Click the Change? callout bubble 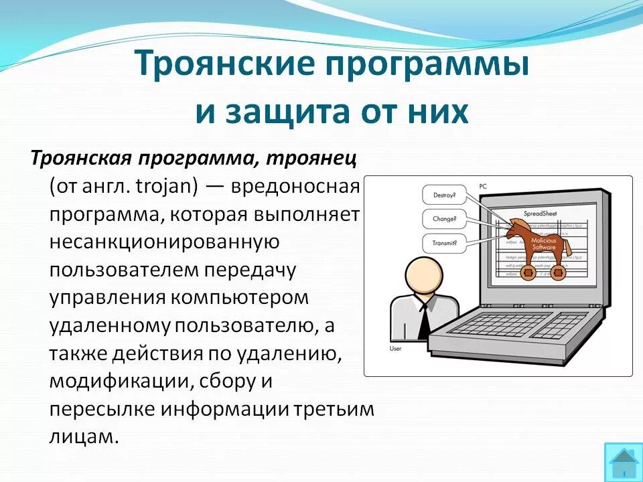point(444,219)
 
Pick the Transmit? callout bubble point(444,242)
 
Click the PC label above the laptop point(484,185)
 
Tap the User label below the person point(395,349)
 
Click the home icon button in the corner point(623,462)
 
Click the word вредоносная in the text point(296,185)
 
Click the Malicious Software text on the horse point(543,243)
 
